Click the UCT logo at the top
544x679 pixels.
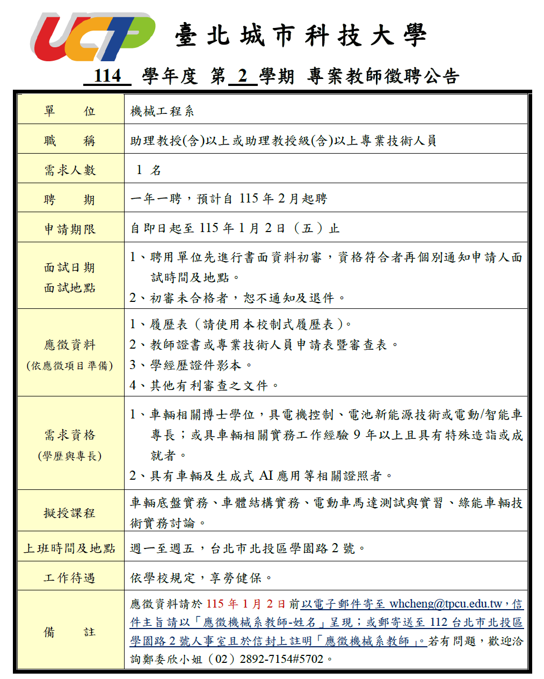[92, 37]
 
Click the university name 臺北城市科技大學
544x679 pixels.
[301, 36]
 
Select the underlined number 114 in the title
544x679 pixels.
[107, 76]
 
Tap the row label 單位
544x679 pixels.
[70, 111]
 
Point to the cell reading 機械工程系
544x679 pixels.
[162, 111]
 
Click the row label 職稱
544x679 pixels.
[70, 141]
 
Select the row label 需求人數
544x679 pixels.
[70, 170]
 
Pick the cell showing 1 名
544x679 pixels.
[149, 170]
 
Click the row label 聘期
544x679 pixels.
[70, 200]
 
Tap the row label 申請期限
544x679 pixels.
[70, 229]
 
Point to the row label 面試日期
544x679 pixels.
[70, 268]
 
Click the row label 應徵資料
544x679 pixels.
[70, 345]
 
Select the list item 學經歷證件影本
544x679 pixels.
[195, 365]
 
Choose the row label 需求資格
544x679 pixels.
[70, 435]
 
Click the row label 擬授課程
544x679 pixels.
[70, 513]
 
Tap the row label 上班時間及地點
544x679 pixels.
[70, 548]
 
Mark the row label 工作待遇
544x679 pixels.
[70, 578]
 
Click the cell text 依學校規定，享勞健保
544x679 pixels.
[201, 578]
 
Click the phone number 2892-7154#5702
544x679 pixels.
[282, 659]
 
